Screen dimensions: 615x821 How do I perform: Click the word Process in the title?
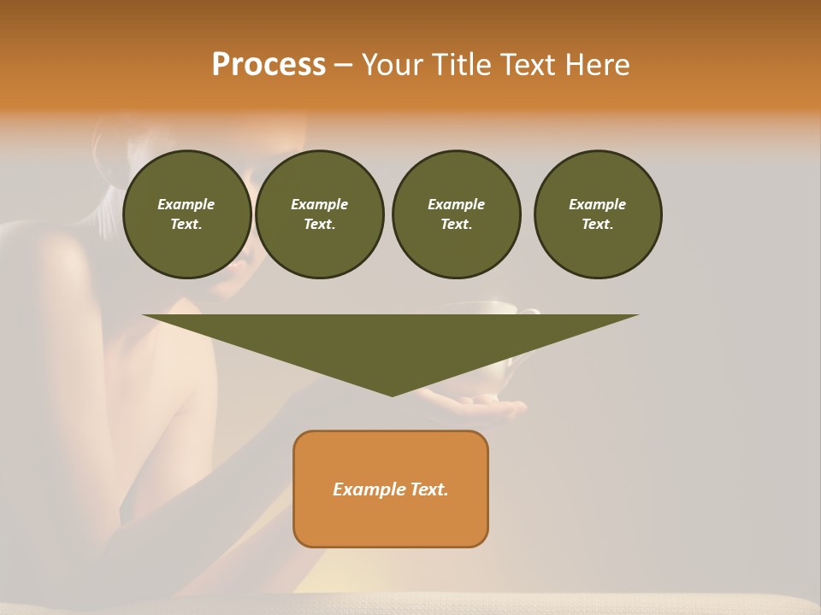click(x=269, y=65)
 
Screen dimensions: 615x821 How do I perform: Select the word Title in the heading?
click(x=462, y=65)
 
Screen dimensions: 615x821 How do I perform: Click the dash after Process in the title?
click(x=343, y=66)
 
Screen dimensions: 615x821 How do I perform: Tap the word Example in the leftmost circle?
click(x=186, y=204)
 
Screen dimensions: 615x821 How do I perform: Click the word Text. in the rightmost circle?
click(x=598, y=224)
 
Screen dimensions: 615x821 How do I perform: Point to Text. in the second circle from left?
click(x=319, y=224)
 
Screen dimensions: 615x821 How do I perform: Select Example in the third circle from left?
click(x=456, y=204)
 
